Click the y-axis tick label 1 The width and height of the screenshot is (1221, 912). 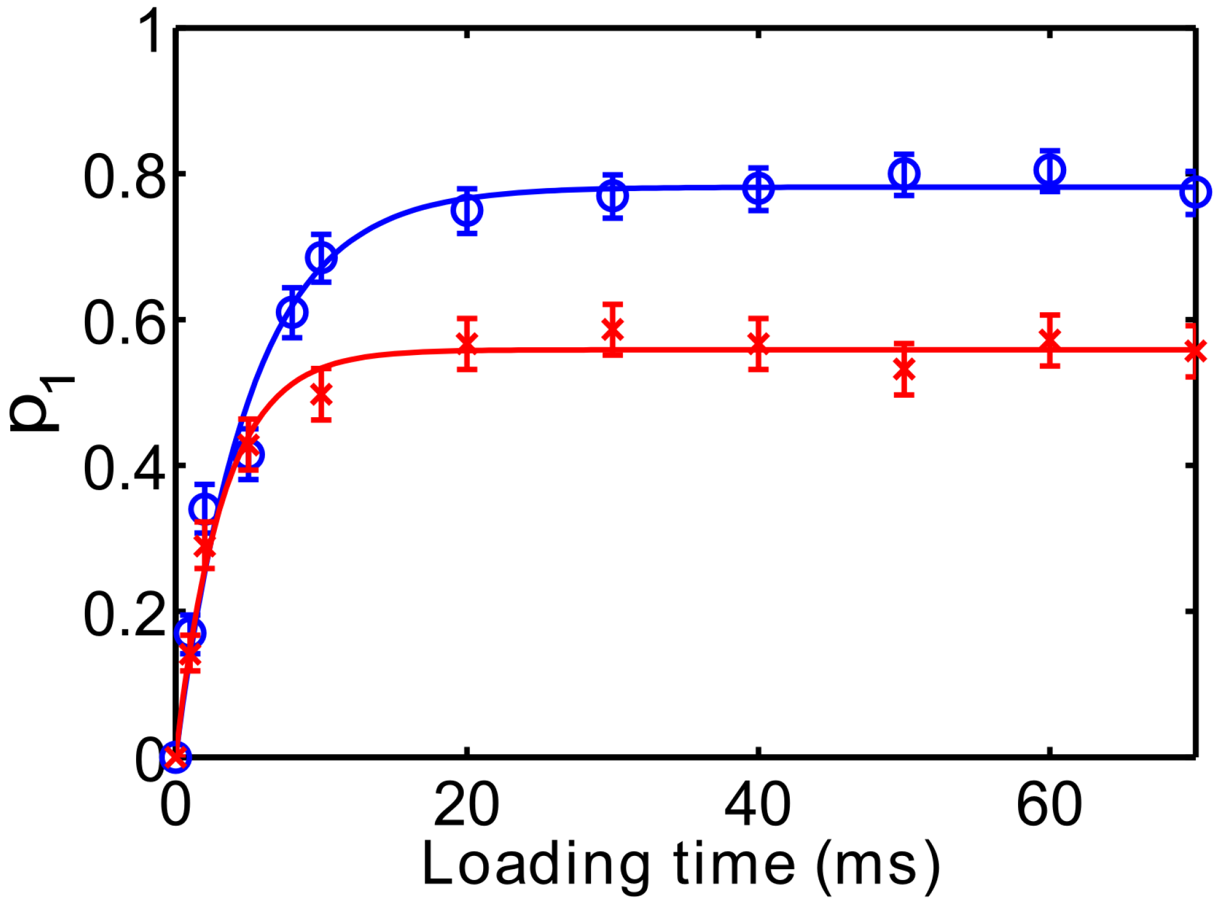pyautogui.click(x=148, y=31)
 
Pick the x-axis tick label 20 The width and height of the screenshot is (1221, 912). pyautogui.click(x=466, y=806)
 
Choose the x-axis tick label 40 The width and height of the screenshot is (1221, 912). pyautogui.click(x=757, y=806)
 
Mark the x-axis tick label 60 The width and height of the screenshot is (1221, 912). pyautogui.click(x=1049, y=806)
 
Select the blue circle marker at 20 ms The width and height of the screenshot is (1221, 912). pyautogui.click(x=467, y=210)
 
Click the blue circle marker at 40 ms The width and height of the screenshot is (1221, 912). pyautogui.click(x=758, y=189)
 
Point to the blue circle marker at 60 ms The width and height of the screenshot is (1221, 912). pyautogui.click(x=1050, y=170)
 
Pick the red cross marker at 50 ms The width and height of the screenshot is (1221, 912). pyautogui.click(x=904, y=369)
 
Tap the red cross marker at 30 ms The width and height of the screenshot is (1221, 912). pyautogui.click(x=613, y=329)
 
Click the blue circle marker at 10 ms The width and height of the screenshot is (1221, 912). pyautogui.click(x=321, y=258)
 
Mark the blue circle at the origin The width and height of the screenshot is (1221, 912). pyautogui.click(x=175, y=755)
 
